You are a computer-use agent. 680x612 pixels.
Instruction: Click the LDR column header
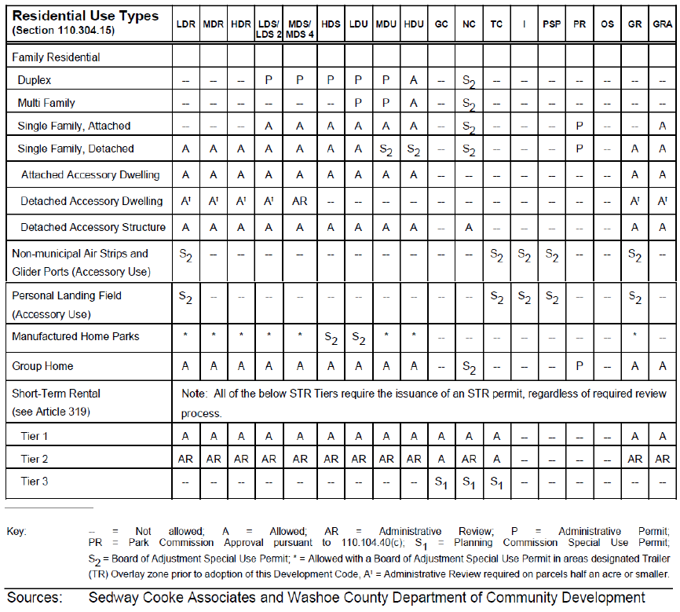[185, 24]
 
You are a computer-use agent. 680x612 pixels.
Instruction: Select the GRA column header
[662, 24]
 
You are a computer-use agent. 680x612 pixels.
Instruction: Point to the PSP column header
[551, 24]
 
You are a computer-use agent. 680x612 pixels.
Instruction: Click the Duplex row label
[35, 80]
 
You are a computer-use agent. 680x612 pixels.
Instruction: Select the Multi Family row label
[47, 103]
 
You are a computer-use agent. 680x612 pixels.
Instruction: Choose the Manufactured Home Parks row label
[75, 336]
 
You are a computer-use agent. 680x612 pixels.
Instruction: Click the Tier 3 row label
[35, 481]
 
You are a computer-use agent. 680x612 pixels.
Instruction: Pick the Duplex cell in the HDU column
[413, 80]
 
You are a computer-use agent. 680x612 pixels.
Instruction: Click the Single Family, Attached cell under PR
[579, 126]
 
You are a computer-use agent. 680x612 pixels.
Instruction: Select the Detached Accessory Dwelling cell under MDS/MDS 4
[300, 201]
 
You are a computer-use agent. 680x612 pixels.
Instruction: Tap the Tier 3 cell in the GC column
[441, 482]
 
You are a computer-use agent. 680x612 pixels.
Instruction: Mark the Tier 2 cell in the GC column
[441, 459]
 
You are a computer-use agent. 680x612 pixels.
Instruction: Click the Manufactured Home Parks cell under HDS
[331, 337]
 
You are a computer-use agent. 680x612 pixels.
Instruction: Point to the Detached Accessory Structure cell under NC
[469, 227]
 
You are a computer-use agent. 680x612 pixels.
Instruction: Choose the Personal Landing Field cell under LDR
[185, 299]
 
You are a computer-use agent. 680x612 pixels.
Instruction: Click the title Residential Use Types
[86, 15]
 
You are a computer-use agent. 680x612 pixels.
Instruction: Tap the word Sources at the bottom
[35, 598]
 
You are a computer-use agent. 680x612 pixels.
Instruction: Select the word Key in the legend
[16, 531]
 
